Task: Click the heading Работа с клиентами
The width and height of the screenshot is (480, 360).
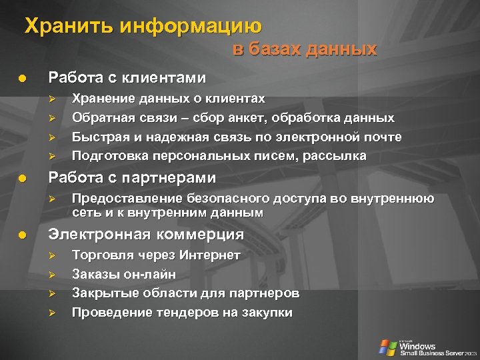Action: (125, 77)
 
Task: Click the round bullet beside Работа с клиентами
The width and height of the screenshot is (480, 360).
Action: (22, 78)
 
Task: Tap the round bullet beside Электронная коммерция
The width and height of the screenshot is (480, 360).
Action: (22, 235)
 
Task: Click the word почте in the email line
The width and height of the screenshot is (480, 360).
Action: (382, 137)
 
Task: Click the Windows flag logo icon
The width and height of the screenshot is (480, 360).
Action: (387, 346)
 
